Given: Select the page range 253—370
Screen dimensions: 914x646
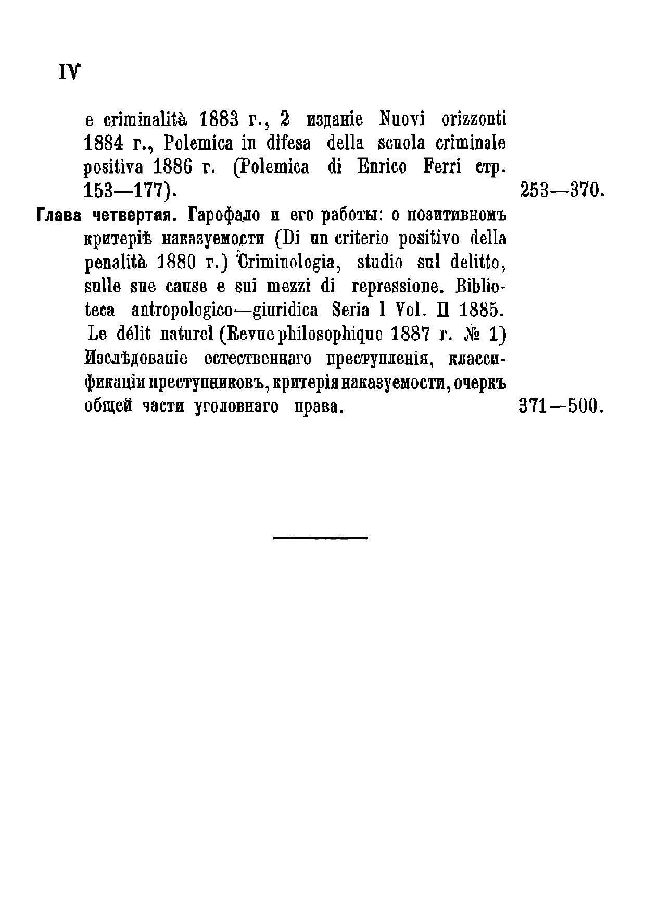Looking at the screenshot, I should [x=561, y=191].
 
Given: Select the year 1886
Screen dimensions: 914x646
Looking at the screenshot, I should [x=174, y=168].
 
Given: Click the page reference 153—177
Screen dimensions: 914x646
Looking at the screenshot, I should [x=128, y=191].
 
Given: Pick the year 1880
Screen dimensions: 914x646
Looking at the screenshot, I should [x=176, y=263].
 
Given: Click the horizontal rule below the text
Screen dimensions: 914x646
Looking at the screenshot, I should [x=320, y=537].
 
